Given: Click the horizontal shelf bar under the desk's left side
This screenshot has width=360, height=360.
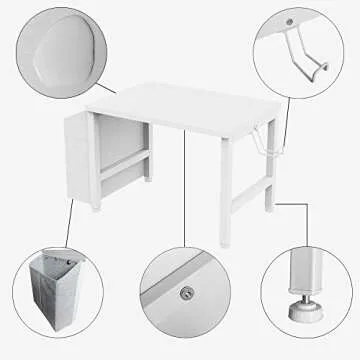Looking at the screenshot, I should tap(120, 160).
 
